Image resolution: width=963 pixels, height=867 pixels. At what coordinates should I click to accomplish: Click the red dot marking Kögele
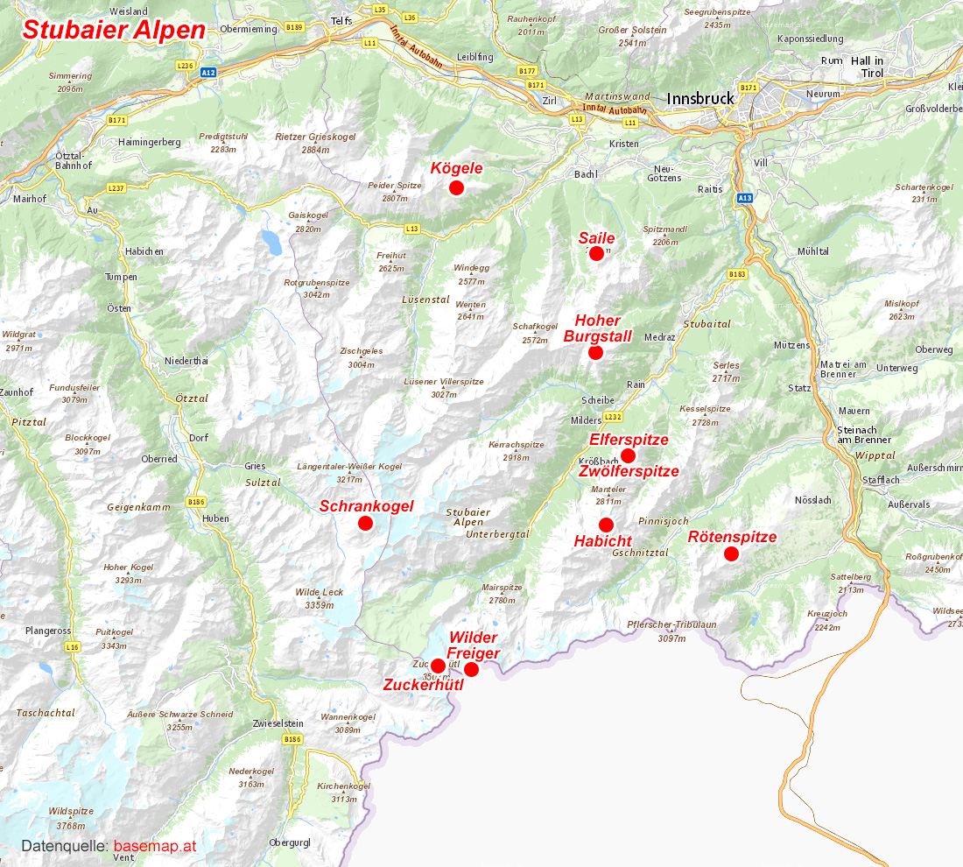point(455,187)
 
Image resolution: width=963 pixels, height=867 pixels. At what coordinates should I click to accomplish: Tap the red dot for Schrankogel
point(366,523)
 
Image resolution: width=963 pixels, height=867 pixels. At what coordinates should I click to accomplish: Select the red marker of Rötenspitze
point(731,553)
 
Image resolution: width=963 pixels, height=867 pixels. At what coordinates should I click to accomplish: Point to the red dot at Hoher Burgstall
point(595,352)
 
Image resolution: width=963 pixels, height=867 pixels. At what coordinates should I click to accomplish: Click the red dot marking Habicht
point(606,525)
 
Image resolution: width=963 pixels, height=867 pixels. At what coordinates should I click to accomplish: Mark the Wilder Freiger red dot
point(471,669)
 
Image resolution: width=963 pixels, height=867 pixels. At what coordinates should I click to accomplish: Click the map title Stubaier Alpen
point(114,30)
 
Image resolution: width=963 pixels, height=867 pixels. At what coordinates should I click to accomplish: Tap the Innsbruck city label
point(700,98)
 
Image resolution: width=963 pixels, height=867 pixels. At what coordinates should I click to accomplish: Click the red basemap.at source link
point(155,846)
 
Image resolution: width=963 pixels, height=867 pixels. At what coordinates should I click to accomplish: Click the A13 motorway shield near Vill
point(744,199)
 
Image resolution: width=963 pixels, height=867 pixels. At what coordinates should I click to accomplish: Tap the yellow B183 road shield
point(737,274)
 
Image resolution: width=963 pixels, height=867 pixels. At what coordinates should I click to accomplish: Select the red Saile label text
point(596,238)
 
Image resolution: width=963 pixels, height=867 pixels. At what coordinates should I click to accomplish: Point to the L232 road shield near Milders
point(613,417)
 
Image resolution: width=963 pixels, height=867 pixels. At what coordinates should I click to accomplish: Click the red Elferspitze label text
point(629,440)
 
